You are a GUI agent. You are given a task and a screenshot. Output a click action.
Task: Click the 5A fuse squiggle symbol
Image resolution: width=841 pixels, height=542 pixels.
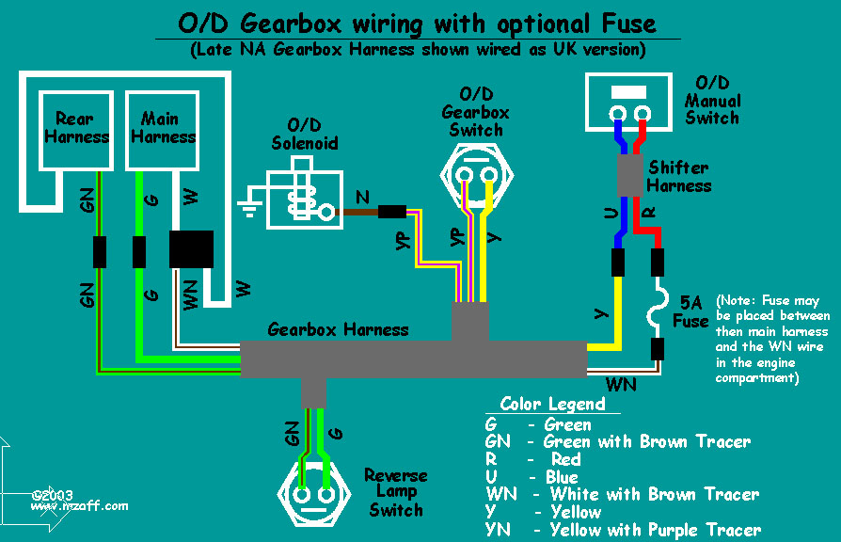tap(659, 308)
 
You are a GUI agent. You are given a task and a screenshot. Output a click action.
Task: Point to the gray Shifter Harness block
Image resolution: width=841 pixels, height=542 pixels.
tap(629, 175)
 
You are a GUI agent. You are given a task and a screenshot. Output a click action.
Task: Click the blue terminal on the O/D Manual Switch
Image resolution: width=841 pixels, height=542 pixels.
tap(617, 114)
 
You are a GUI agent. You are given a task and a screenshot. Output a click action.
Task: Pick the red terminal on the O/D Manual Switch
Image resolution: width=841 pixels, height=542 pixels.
tap(642, 114)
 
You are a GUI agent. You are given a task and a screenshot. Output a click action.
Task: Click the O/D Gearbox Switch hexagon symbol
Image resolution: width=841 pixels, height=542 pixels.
tap(476, 175)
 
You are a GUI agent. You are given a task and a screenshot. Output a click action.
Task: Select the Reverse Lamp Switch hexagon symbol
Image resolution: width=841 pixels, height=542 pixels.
tap(314, 494)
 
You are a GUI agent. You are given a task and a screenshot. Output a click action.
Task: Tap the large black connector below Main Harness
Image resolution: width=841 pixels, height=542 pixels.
tap(192, 249)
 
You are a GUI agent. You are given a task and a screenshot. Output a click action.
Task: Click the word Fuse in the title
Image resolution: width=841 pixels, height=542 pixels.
tap(628, 24)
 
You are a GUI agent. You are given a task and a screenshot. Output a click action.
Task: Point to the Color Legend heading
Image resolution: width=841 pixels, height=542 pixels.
tap(552, 404)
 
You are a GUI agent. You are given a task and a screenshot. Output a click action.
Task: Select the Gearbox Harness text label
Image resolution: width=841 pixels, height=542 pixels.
tap(338, 329)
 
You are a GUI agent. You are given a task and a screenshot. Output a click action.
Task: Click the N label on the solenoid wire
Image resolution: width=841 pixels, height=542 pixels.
tap(362, 198)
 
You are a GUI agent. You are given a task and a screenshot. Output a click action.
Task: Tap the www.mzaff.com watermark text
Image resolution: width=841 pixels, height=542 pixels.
tap(79, 506)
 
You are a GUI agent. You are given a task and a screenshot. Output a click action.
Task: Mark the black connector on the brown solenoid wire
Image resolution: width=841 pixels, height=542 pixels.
tap(392, 212)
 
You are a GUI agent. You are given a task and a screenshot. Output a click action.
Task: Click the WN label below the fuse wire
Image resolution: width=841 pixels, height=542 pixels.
tap(621, 385)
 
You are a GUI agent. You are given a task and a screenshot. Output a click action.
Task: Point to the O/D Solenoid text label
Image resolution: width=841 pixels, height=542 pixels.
tap(305, 135)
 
